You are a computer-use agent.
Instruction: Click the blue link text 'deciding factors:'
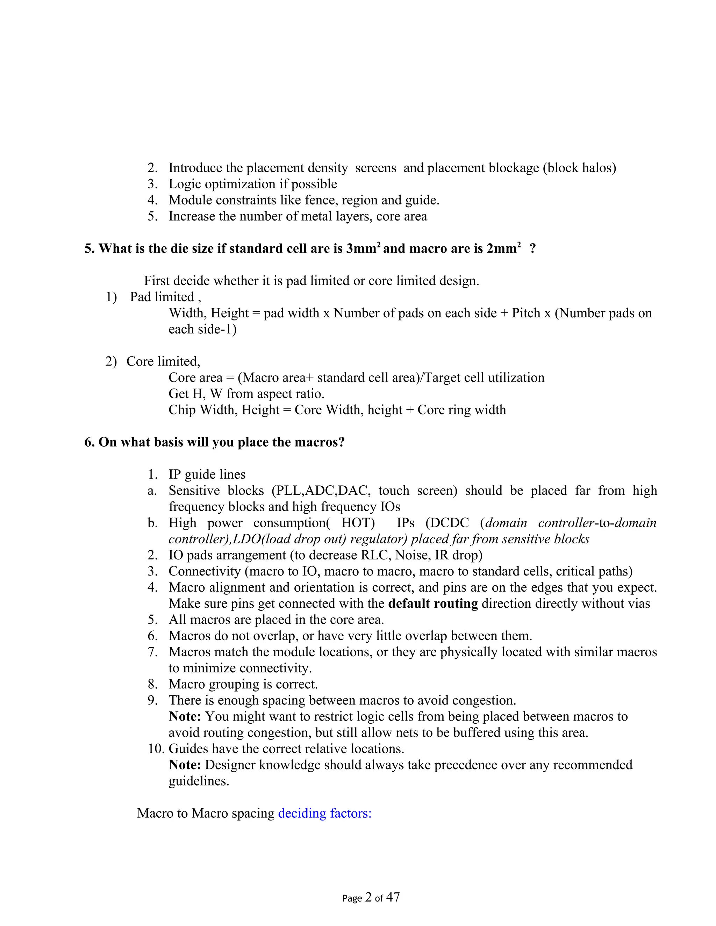pos(324,813)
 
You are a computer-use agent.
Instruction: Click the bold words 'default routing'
pos(433,603)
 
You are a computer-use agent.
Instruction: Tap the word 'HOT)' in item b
pos(358,523)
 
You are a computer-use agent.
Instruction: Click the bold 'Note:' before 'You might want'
pos(185,717)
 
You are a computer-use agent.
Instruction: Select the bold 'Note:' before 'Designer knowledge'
pos(185,765)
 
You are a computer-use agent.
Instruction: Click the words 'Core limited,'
pos(163,361)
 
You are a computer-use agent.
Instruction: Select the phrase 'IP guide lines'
pos(207,475)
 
